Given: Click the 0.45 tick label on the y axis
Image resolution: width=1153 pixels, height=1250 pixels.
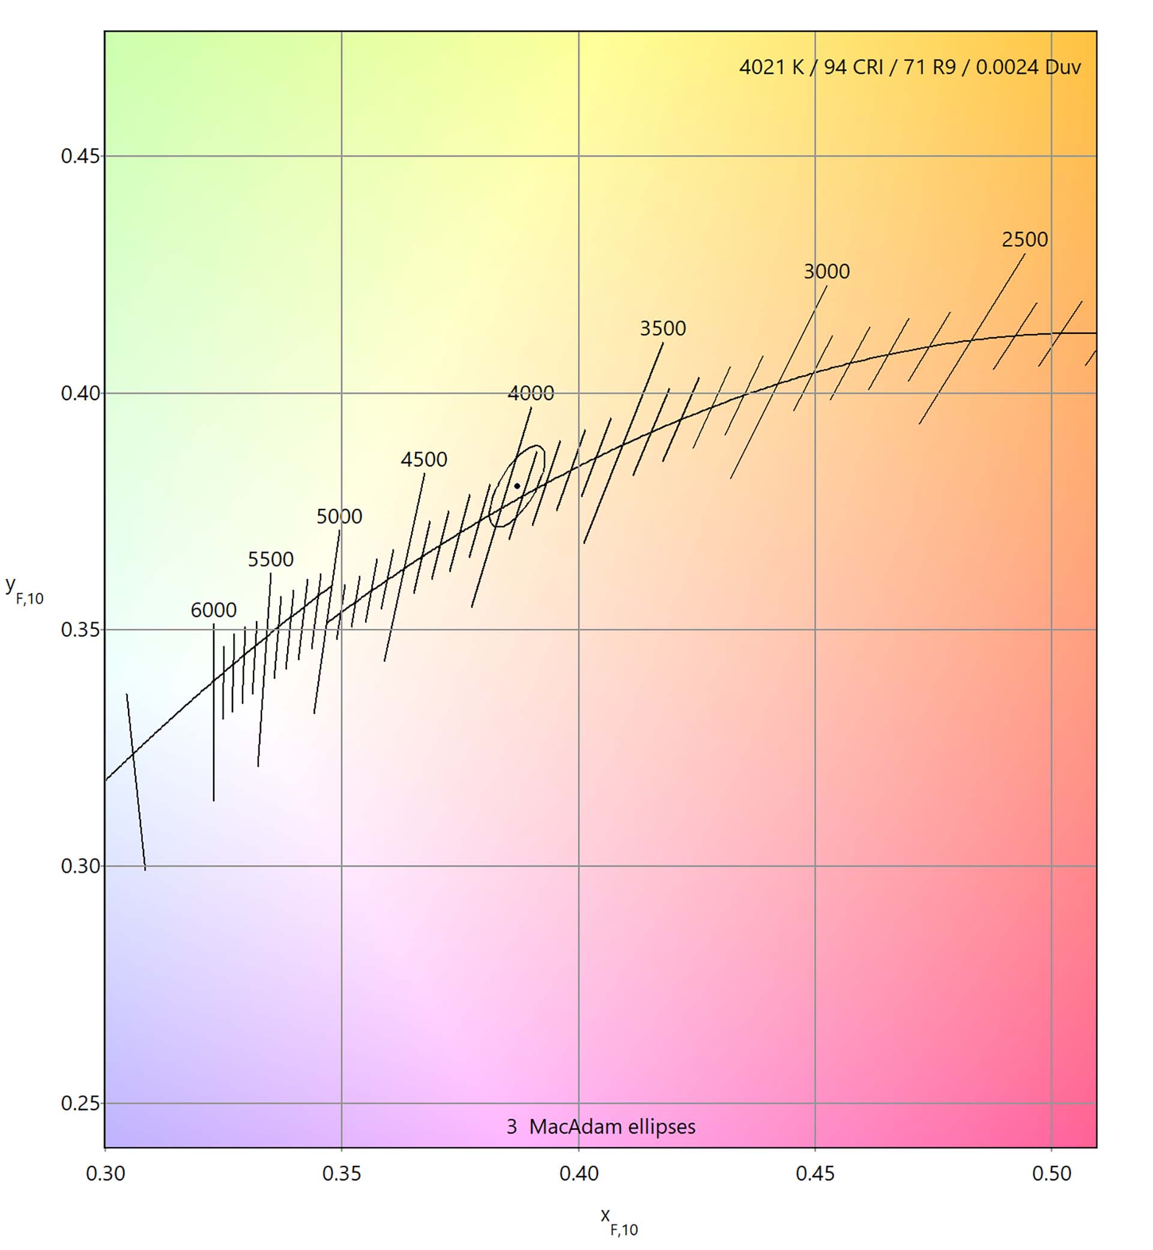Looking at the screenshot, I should pos(80,156).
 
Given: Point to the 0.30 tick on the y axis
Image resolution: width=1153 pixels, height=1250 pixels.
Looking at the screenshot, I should pos(80,866).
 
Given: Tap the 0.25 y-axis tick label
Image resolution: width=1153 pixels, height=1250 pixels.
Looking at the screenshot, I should pos(80,1103).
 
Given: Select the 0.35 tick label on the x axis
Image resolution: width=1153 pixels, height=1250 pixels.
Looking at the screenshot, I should pos(341,1174).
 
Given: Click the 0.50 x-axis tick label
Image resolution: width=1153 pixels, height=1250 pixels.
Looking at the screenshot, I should pos(1052,1174).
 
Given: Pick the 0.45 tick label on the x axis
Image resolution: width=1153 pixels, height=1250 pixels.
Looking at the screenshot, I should pos(815,1174).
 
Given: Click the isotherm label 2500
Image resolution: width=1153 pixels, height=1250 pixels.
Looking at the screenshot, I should pos(1024,240).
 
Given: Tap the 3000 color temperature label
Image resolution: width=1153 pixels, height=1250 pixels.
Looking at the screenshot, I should pos(826,272).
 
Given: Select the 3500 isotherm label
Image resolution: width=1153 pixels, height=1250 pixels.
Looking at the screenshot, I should pos(662,328).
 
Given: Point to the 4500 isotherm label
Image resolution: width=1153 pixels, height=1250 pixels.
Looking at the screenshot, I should pos(423,460).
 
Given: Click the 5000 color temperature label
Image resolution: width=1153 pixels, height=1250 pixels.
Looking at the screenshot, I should pos(339,516).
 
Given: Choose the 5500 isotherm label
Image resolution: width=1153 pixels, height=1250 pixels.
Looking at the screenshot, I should pos(270,559).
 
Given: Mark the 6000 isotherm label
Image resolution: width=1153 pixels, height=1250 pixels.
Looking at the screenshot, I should pos(213,610).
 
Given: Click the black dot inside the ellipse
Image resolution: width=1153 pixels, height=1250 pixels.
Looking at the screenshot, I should pos(517,486).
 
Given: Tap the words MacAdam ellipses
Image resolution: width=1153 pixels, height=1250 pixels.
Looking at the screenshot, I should pos(612,1126).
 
